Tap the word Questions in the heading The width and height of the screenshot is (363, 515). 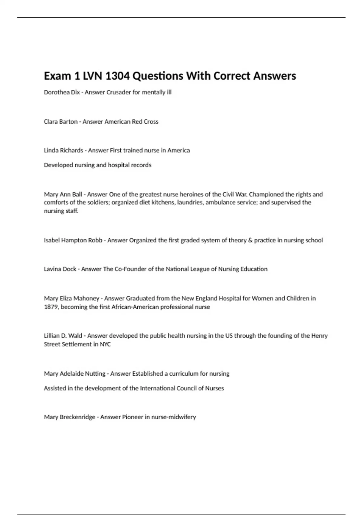pos(158,76)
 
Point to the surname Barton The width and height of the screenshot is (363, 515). pos(70,121)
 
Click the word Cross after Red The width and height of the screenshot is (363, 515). pos(151,121)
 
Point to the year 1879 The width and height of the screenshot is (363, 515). pos(51,307)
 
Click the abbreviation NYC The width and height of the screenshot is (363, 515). pos(105,344)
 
